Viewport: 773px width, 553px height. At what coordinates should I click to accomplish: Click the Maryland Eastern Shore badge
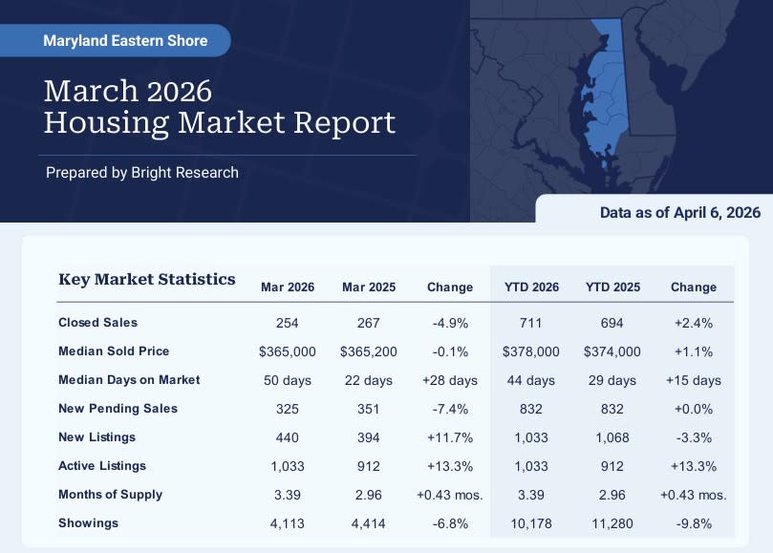coord(115,40)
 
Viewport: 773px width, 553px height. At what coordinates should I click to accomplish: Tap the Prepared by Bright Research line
coord(142,173)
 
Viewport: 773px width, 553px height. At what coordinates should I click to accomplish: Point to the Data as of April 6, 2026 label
coord(679,212)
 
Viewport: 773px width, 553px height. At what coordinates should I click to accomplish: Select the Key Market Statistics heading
coord(147,279)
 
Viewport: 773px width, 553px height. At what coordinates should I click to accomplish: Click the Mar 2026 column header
coord(288,287)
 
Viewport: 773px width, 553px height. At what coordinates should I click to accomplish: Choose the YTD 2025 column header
coord(612,287)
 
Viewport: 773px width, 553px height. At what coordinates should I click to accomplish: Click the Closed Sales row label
coord(98,322)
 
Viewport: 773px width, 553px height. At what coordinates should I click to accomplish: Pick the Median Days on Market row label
coord(129,379)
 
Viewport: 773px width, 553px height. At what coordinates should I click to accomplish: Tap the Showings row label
coord(89,523)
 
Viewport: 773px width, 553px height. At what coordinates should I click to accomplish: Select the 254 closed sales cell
coord(288,323)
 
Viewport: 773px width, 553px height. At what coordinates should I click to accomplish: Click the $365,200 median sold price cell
coord(369,351)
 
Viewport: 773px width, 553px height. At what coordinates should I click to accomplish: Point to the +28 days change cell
coord(450,380)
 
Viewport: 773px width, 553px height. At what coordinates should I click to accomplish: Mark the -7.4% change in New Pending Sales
coord(450,409)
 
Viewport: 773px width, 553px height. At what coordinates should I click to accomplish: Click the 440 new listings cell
coord(288,437)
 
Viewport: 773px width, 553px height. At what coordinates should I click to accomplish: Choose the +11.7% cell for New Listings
coord(450,437)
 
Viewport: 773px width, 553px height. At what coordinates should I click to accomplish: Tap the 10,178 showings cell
coord(531,523)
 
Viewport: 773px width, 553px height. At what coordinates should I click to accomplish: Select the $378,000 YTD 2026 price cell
coord(531,351)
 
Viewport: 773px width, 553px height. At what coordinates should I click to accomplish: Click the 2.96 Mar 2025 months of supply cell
coord(369,495)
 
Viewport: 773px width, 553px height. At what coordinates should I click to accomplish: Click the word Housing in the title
coord(106,122)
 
